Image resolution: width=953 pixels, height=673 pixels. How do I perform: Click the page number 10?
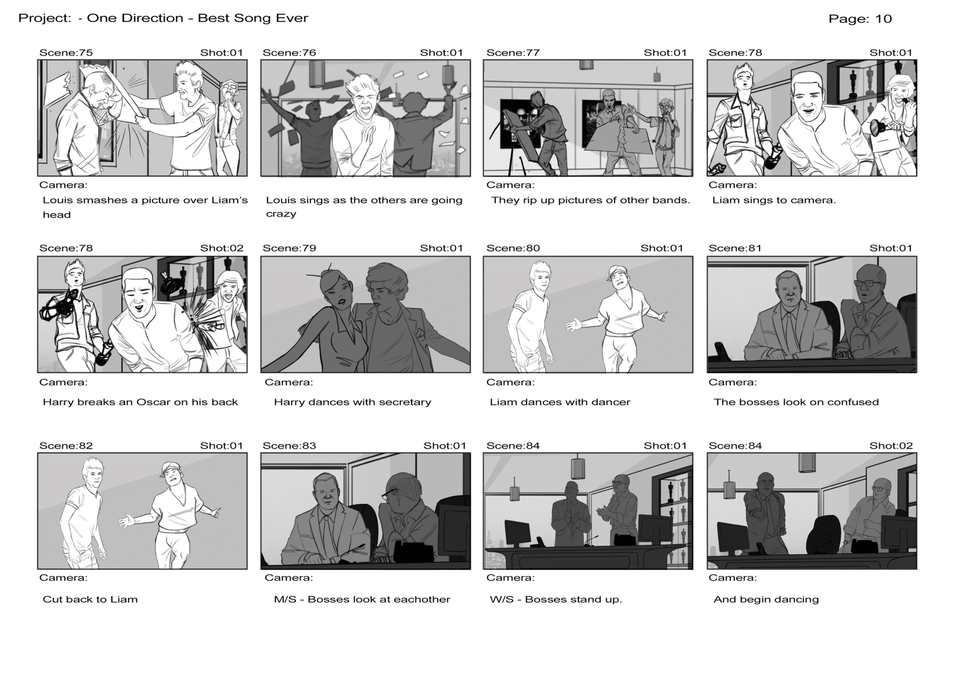(x=883, y=18)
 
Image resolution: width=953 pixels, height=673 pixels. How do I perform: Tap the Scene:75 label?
(x=66, y=53)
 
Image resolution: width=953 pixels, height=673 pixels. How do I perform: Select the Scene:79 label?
(x=289, y=248)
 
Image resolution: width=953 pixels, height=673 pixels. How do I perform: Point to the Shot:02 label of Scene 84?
(x=891, y=446)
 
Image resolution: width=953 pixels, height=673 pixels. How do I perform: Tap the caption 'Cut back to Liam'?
(x=90, y=599)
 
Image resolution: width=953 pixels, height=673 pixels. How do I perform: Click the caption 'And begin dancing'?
(x=766, y=599)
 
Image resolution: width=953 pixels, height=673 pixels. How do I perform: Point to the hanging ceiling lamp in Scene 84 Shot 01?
(x=577, y=467)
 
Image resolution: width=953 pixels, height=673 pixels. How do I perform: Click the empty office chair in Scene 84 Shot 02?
(x=822, y=535)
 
